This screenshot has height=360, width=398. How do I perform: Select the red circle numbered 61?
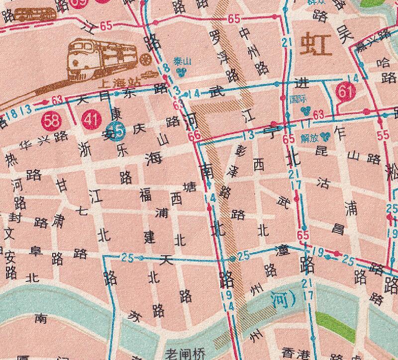[344, 91]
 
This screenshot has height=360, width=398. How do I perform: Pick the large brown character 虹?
[316, 46]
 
